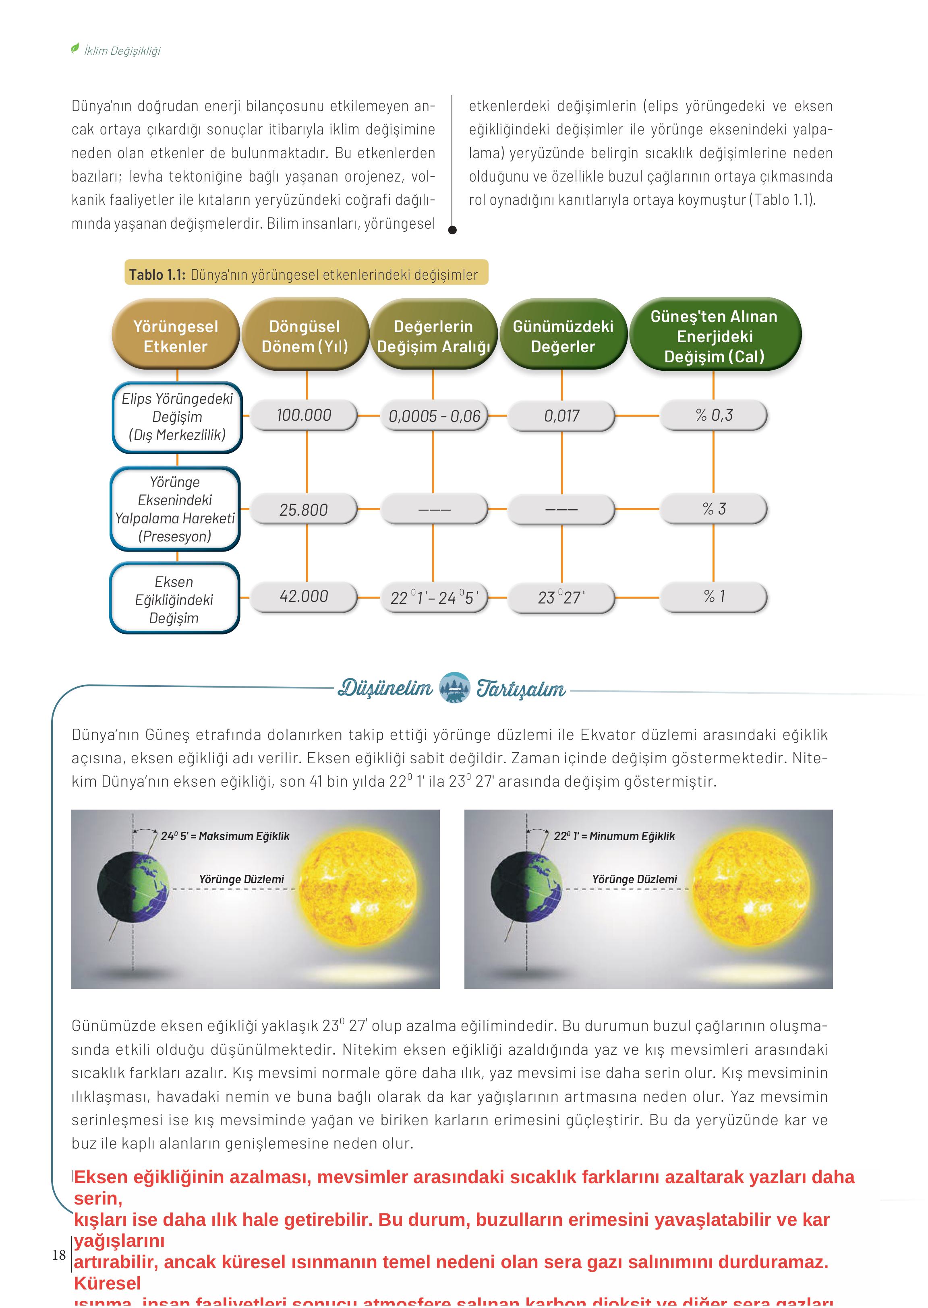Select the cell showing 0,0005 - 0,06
pyautogui.click(x=434, y=416)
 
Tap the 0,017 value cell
pyautogui.click(x=561, y=416)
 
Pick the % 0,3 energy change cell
pyautogui.click(x=713, y=415)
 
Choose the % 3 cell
pyautogui.click(x=713, y=509)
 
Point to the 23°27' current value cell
pyautogui.click(x=561, y=597)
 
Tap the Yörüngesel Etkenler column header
pyautogui.click(x=176, y=336)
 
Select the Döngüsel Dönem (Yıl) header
pyautogui.click(x=304, y=336)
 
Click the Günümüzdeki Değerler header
pyautogui.click(x=563, y=336)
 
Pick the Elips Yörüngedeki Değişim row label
pyautogui.click(x=177, y=417)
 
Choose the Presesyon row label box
pyautogui.click(x=175, y=509)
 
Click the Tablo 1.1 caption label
pyautogui.click(x=306, y=274)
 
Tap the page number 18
pyautogui.click(x=59, y=1255)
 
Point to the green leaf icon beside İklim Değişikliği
pyautogui.click(x=75, y=49)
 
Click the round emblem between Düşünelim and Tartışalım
pyautogui.click(x=454, y=688)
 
